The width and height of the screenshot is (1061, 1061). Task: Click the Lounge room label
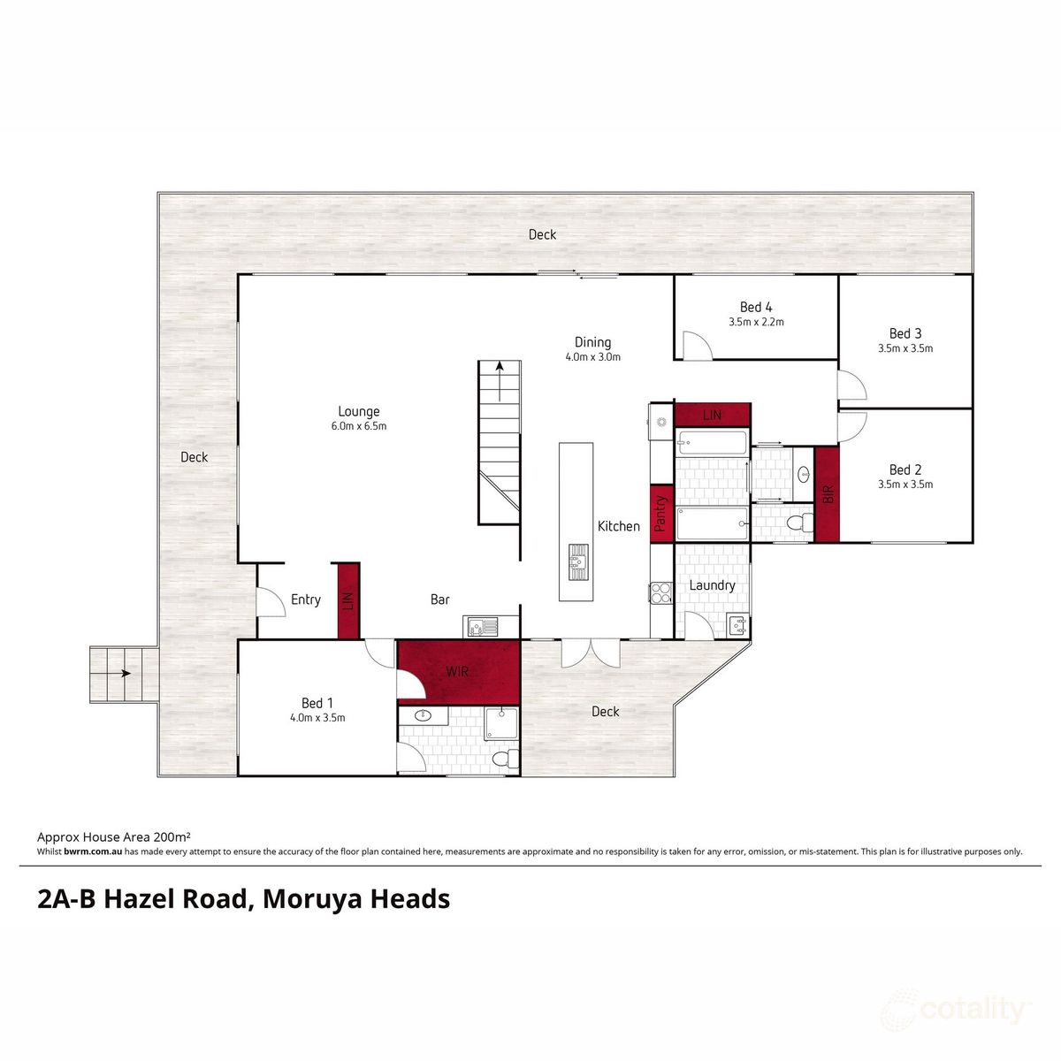point(359,411)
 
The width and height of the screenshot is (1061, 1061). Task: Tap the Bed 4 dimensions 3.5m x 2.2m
point(756,323)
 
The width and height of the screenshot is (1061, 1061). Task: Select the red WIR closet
point(457,671)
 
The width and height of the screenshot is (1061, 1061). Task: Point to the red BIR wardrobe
point(827,494)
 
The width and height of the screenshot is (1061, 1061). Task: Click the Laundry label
point(712,585)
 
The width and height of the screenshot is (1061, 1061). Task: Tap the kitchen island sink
point(577,561)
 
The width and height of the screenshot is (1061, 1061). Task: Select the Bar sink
point(481,626)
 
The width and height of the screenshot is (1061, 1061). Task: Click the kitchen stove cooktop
point(660,592)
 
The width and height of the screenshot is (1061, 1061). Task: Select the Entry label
point(306,599)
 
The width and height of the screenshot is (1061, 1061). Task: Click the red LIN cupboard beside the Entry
point(348,600)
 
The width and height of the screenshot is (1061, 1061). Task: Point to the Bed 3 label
point(905,333)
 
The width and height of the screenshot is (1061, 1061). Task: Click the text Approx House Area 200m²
point(114,836)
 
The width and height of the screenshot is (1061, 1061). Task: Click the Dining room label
point(592,342)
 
